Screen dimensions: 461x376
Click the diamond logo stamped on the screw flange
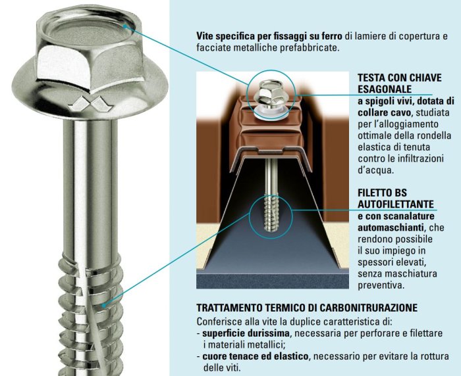pyautogui.click(x=90, y=105)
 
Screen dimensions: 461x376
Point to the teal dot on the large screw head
pyautogui.click(x=124, y=26)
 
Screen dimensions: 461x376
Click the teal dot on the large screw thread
pyautogui.click(x=104, y=305)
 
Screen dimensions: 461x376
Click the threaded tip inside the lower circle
pyautogui.click(x=271, y=212)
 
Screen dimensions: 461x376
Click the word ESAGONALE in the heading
pyautogui.click(x=385, y=89)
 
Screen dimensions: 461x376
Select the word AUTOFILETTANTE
pyautogui.click(x=396, y=204)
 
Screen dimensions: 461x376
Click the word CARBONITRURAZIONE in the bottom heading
pyautogui.click(x=368, y=308)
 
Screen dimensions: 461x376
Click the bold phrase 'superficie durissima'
pyautogui.click(x=246, y=333)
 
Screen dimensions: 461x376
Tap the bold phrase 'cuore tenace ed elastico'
pyautogui.click(x=256, y=356)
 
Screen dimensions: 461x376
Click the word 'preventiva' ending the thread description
pyautogui.click(x=381, y=285)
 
